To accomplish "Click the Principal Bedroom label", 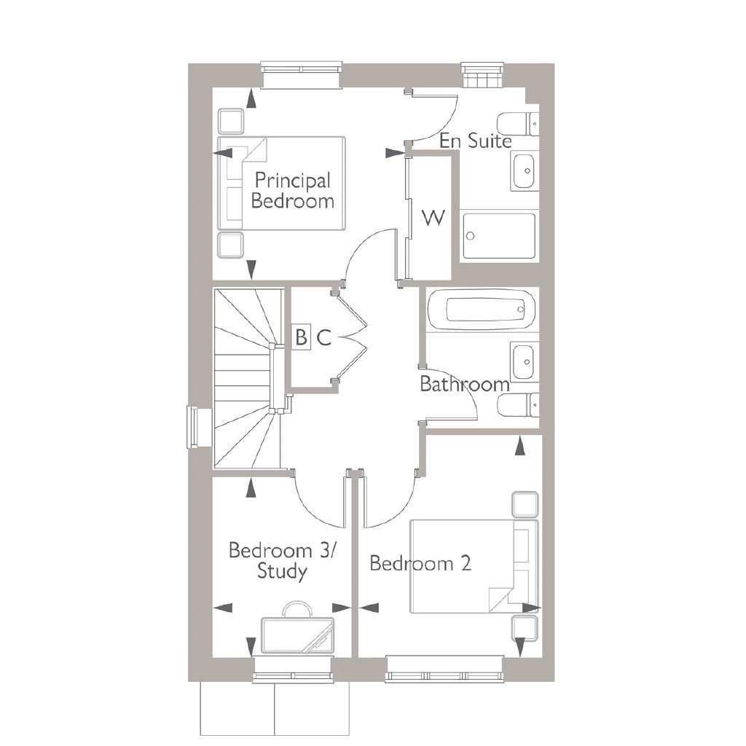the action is tap(293, 190).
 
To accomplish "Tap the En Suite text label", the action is tap(475, 141).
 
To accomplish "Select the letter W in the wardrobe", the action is tap(433, 218).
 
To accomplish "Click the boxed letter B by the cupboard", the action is tap(301, 337).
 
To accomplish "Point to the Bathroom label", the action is tap(465, 384).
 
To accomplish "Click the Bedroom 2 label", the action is tap(420, 563).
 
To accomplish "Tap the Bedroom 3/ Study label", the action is tap(282, 560).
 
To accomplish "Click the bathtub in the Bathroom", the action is tap(482, 310).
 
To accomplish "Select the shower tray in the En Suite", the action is tap(499, 237).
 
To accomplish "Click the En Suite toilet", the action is tap(518, 124).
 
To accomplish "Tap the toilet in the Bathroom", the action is tap(518, 406).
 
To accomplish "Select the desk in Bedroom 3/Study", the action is tap(298, 635).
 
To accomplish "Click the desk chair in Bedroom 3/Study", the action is tap(297, 608).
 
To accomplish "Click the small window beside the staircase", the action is tap(194, 427).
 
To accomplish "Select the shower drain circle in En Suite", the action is tap(471, 236).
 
